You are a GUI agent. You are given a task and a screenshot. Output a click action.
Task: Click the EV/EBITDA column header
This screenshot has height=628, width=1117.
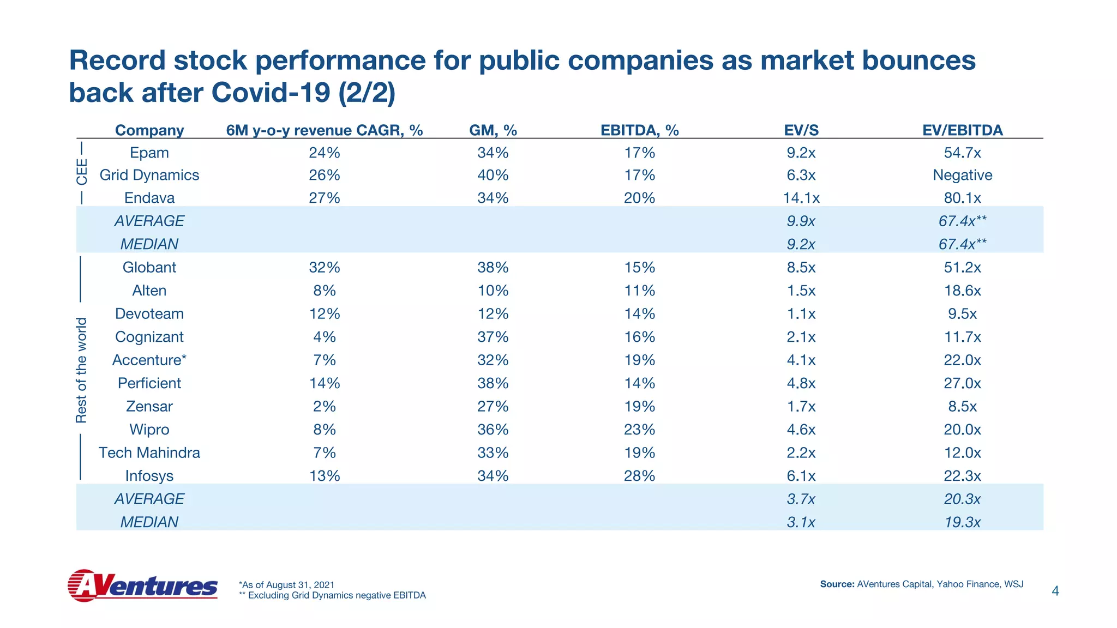tap(962, 130)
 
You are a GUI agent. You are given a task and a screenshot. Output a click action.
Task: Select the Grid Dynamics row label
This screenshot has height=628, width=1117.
tap(149, 175)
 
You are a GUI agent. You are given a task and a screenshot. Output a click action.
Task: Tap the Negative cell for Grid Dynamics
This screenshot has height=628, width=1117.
tap(962, 175)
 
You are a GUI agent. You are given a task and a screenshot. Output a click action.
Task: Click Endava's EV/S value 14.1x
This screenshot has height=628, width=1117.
tap(801, 198)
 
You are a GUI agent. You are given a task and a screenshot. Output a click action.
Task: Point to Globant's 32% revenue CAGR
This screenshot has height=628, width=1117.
tap(325, 267)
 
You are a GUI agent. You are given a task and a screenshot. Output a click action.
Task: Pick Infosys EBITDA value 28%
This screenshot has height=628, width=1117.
tap(639, 476)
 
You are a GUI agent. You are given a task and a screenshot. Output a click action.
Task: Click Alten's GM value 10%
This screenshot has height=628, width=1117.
tap(493, 291)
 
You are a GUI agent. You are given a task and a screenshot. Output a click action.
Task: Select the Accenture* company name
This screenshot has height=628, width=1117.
tap(149, 360)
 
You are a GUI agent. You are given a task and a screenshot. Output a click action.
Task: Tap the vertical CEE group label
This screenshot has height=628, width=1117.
tap(81, 172)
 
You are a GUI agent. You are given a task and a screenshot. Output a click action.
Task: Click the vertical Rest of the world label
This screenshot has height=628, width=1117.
tap(81, 370)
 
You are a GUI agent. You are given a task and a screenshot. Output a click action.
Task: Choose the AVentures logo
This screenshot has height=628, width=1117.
tap(142, 585)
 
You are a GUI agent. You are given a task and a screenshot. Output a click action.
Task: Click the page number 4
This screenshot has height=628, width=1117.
tap(1055, 591)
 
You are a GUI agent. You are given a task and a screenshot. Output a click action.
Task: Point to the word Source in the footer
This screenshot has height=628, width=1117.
tap(837, 584)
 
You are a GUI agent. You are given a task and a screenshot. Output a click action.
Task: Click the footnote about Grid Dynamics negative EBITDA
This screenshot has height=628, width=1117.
tap(332, 595)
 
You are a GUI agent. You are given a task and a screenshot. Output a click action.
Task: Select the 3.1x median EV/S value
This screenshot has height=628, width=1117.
tap(801, 522)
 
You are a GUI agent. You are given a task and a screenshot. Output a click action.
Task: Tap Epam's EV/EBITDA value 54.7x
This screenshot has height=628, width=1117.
tap(962, 153)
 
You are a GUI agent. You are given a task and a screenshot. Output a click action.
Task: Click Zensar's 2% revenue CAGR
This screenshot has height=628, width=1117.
tap(325, 407)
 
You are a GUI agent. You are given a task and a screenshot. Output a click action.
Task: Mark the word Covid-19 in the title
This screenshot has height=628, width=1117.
tap(271, 92)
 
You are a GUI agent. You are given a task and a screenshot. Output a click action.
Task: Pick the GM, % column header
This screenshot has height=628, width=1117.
tap(493, 130)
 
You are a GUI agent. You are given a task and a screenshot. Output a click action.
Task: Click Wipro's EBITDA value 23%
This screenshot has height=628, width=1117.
tap(639, 430)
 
